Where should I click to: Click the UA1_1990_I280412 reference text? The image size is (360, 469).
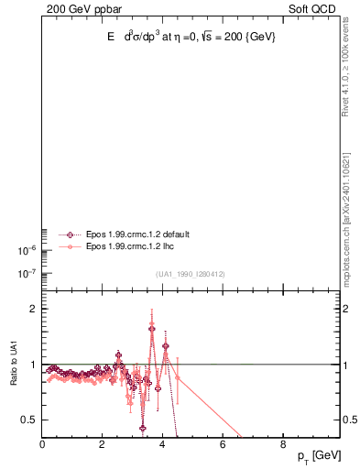pos(191,274)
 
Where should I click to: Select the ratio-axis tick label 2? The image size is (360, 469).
pos(33,310)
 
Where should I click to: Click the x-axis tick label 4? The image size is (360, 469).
pos(162,445)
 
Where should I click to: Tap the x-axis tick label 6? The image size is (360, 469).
pos(223,445)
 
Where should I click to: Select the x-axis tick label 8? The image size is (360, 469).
pos(282,445)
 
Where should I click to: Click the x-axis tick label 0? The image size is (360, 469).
pos(42,445)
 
